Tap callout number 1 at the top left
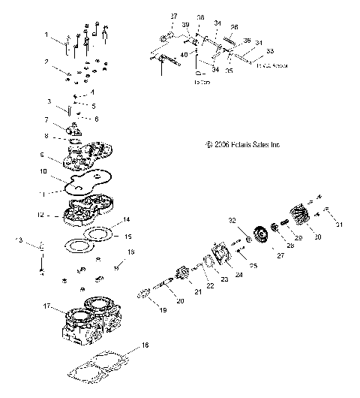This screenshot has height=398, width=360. coord(46,35)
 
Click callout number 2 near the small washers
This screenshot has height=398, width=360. coord(46,62)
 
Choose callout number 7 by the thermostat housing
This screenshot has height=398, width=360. coord(46,120)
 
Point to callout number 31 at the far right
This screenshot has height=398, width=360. coord(339,225)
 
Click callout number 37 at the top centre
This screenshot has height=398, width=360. coord(174,16)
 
